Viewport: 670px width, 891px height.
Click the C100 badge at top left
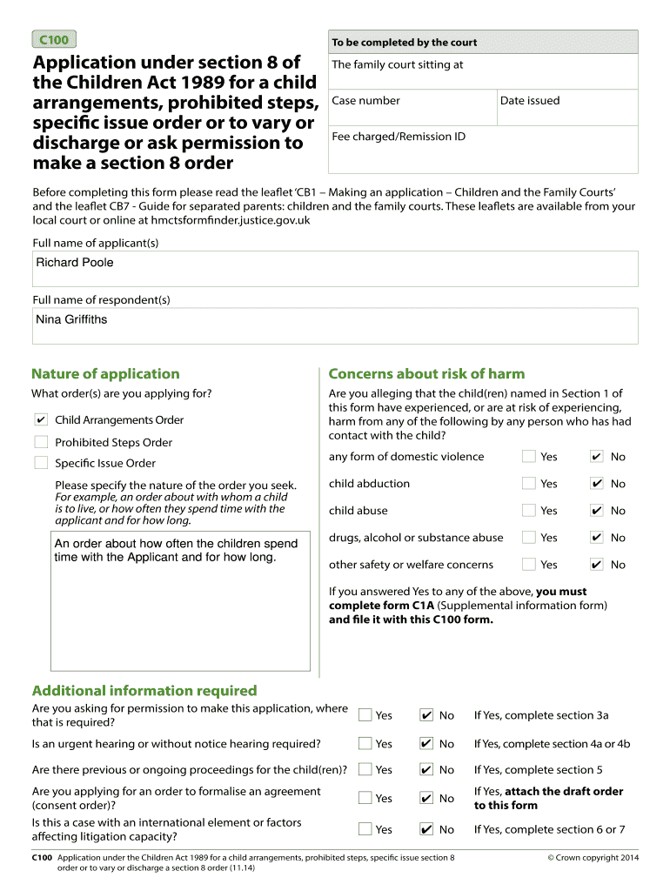[53, 39]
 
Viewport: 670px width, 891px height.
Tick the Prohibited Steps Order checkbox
[41, 442]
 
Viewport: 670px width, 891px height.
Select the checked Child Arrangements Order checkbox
[41, 419]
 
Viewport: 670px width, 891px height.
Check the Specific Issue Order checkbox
[41, 463]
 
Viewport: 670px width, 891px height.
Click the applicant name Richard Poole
[75, 263]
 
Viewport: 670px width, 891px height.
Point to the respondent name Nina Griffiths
[71, 319]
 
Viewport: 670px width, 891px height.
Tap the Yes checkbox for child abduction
[528, 483]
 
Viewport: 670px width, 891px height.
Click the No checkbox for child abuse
[596, 510]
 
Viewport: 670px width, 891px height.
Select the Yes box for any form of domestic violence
[528, 456]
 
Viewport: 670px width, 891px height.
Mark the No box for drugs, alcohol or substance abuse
[596, 537]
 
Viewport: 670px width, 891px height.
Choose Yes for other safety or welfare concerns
[528, 564]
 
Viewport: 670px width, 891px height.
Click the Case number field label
[365, 101]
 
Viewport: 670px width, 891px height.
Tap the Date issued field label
[530, 101]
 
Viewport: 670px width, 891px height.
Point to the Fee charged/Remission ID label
[399, 137]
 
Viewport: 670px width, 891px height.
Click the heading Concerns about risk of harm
[426, 374]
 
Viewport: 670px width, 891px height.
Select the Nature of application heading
[105, 374]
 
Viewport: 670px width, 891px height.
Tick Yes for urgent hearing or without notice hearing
[365, 743]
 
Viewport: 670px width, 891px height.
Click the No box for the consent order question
[426, 798]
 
